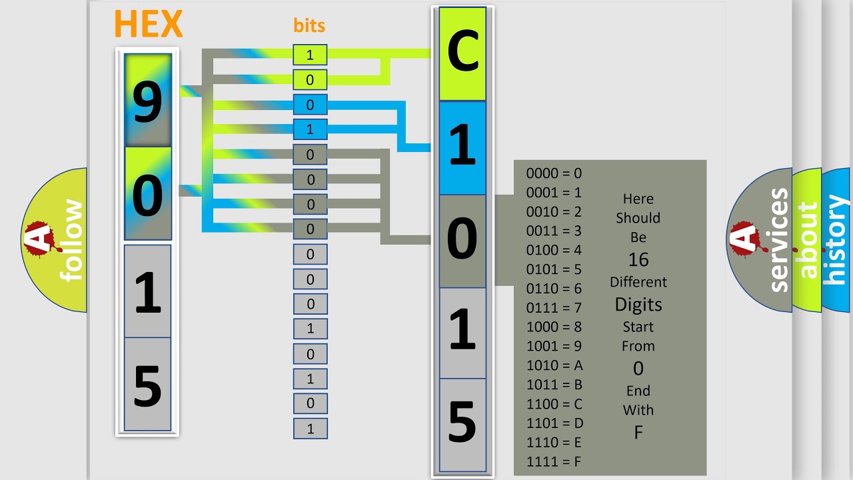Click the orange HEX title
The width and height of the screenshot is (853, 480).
pos(149,23)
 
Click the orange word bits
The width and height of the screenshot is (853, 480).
pos(309,25)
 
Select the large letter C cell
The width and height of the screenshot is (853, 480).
pos(462,54)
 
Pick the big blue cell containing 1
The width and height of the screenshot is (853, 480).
pos(462,148)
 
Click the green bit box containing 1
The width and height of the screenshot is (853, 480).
pos(310,55)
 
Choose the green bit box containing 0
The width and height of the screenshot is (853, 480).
pos(310,79)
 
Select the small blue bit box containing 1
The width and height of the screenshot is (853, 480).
pos(310,129)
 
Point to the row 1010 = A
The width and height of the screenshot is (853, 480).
pos(554,365)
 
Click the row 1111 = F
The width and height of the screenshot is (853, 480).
pos(554,462)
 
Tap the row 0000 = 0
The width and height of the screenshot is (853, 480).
pos(554,173)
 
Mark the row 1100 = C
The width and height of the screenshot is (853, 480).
pos(554,404)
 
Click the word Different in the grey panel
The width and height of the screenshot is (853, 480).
pos(638,282)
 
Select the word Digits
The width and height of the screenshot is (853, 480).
pos(638,305)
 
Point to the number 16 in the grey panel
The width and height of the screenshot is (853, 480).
pos(638,259)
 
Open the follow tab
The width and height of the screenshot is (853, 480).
pos(54,240)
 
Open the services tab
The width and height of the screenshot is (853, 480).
pos(760,240)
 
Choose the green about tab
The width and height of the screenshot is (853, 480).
pos(807,240)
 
